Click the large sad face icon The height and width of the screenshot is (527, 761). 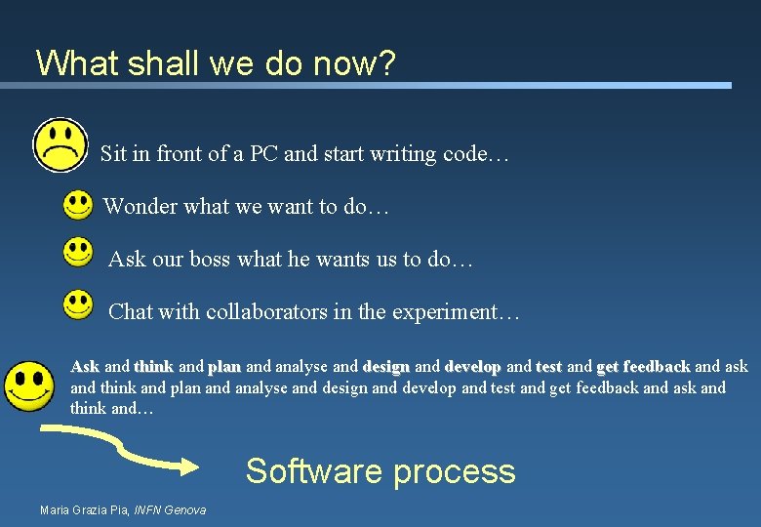point(60,145)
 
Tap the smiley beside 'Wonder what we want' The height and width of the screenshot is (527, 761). point(78,205)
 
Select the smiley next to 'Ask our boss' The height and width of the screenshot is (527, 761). point(78,254)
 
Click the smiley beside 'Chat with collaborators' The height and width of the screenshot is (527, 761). point(78,304)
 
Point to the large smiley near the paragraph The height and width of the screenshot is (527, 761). point(28,385)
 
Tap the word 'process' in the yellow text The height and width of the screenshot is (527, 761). point(454,471)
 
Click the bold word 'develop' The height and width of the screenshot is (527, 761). point(472,367)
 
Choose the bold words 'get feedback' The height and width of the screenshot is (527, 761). point(643,367)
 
